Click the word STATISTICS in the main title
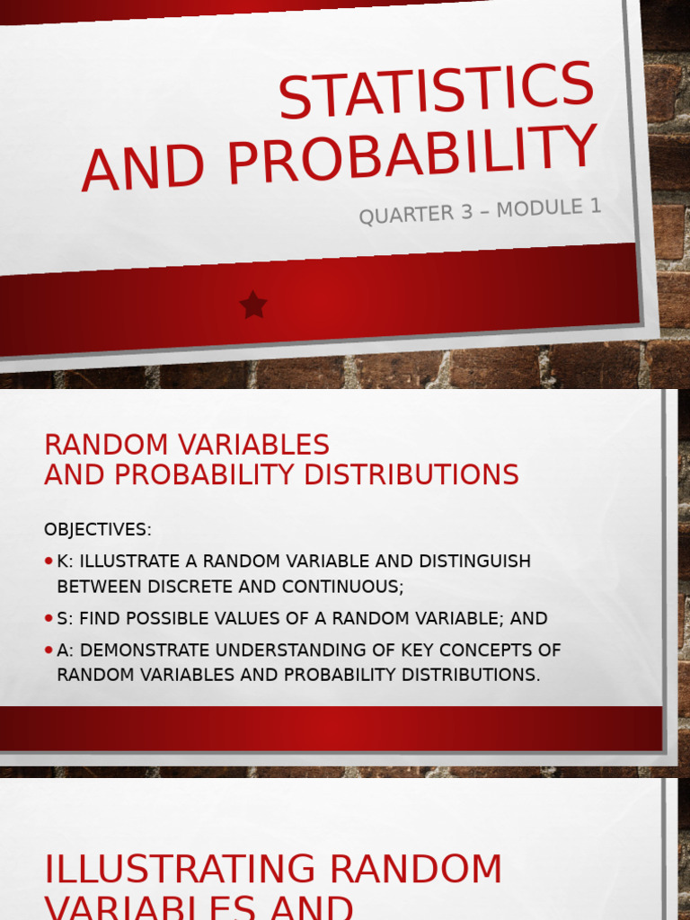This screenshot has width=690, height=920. tap(437, 87)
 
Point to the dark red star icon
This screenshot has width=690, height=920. tap(253, 305)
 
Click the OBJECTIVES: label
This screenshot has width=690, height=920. tap(98, 529)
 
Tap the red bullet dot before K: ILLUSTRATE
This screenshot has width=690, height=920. tap(49, 562)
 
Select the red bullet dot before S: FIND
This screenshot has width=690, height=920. tap(49, 618)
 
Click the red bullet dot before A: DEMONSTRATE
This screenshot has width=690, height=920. tap(49, 650)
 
